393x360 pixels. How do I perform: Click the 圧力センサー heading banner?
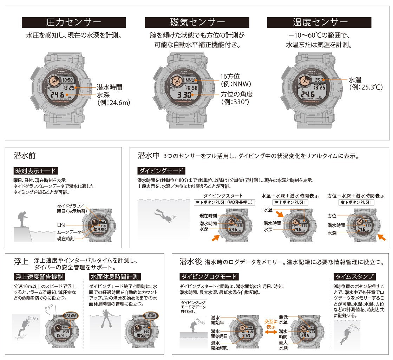coord(74,22)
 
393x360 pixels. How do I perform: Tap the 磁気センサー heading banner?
coord(197,22)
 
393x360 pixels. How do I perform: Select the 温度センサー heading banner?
coord(319,22)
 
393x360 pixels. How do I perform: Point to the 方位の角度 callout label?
coord(236,94)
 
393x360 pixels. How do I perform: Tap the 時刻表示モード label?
coord(35,171)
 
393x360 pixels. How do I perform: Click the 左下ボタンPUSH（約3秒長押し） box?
coord(224,202)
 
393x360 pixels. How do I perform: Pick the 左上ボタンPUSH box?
coord(290,202)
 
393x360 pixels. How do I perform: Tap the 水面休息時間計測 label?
coord(115,276)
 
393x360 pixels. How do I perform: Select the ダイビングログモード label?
coord(209,276)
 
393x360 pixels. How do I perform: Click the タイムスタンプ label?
coord(355,276)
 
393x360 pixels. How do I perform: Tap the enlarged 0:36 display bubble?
coord(151,315)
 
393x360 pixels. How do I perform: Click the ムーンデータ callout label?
coord(69,232)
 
